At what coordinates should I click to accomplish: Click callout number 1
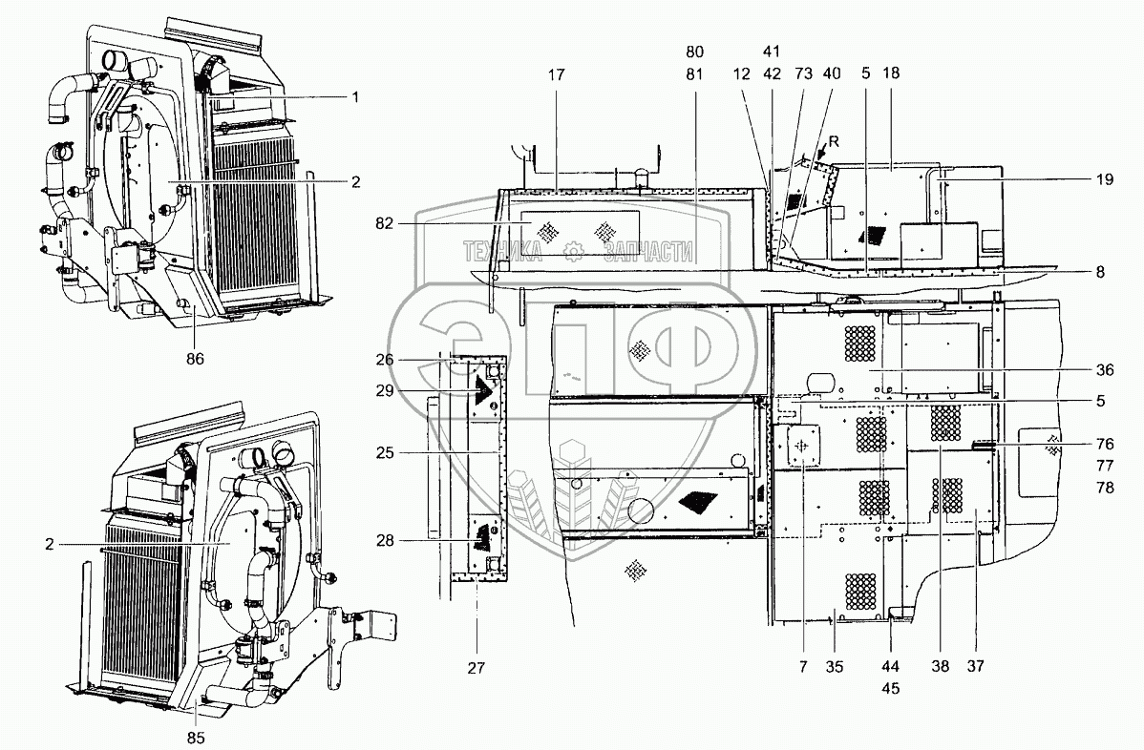coord(354,95)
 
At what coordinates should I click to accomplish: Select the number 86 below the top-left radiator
coord(195,360)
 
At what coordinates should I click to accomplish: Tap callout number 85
coord(195,737)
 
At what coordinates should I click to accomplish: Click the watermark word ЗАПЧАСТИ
coord(646,251)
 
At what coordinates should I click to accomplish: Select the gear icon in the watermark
coord(573,251)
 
